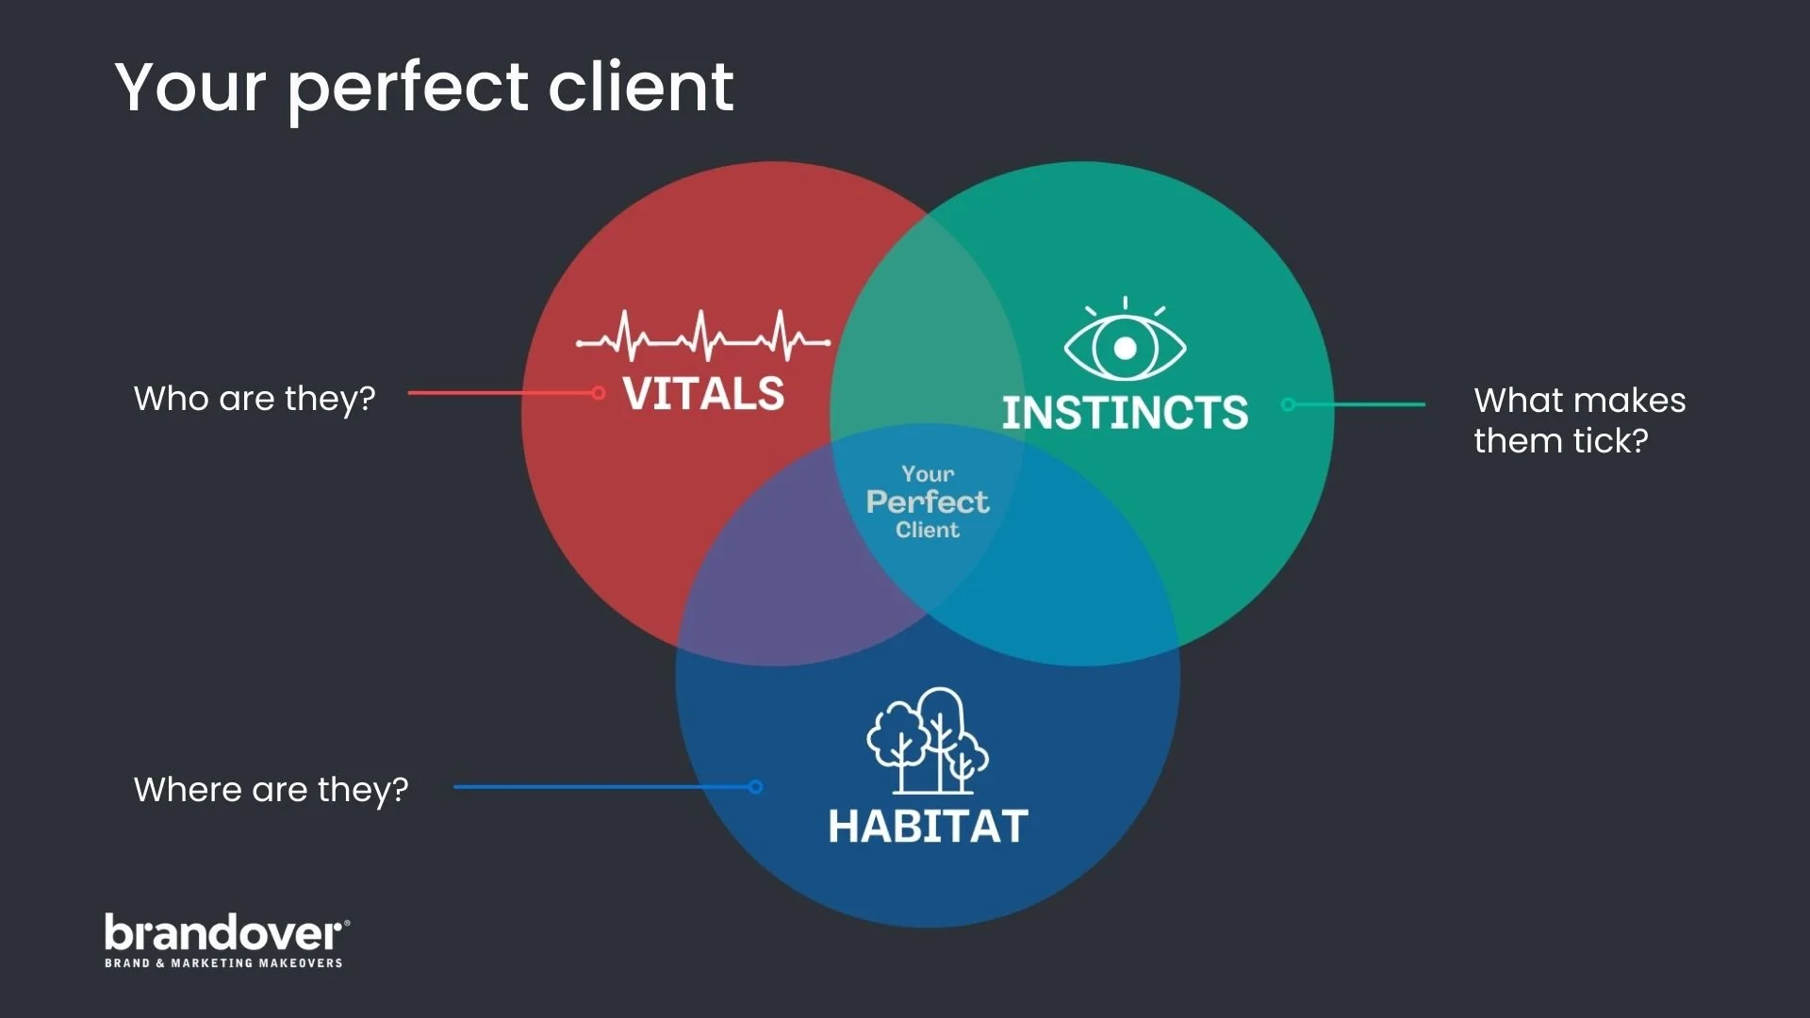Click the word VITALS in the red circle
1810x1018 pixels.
(x=703, y=394)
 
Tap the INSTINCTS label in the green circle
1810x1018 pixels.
(x=1125, y=413)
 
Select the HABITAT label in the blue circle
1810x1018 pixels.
(x=928, y=827)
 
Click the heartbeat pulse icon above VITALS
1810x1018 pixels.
(x=703, y=337)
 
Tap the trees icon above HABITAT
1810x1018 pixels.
(x=928, y=742)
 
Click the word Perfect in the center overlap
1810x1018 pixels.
(x=928, y=501)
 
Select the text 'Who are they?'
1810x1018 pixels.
(x=255, y=399)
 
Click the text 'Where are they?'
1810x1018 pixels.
(x=271, y=790)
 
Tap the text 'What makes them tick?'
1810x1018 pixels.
(x=1579, y=420)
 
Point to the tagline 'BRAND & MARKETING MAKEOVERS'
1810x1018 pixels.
(x=223, y=963)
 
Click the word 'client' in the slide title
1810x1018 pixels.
(x=640, y=87)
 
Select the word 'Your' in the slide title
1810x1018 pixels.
(x=190, y=87)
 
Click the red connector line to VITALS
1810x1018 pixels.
(x=500, y=393)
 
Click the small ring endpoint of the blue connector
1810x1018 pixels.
(x=755, y=787)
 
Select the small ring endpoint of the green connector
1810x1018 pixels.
(x=1288, y=404)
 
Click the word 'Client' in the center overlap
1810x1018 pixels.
(x=928, y=531)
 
